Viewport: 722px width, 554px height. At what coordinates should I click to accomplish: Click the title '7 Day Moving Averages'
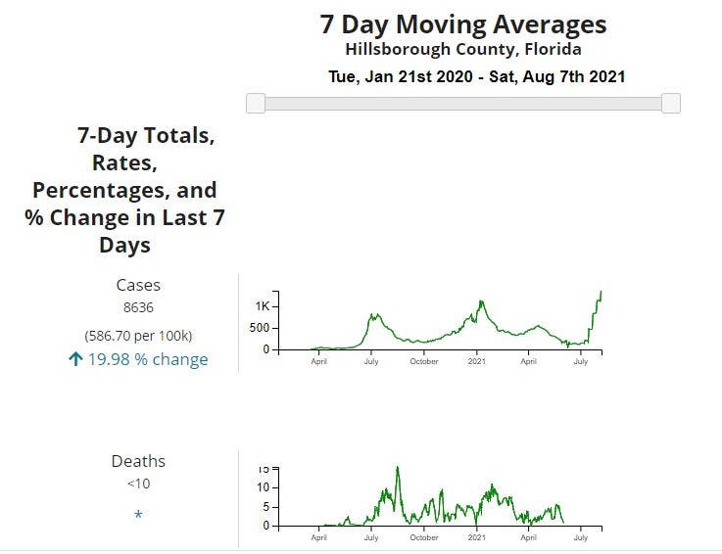click(462, 24)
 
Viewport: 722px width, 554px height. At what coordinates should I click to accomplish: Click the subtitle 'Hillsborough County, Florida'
click(462, 49)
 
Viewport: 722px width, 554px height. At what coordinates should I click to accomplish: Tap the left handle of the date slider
click(256, 103)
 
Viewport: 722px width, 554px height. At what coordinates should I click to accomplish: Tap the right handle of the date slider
click(671, 103)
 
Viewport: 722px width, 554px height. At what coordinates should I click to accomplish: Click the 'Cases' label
click(138, 285)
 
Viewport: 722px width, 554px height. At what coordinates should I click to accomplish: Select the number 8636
click(138, 307)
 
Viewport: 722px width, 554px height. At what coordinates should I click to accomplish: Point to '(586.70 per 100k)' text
click(138, 335)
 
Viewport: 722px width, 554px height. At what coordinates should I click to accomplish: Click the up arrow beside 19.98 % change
click(75, 359)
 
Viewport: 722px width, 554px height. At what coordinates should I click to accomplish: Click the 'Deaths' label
click(138, 461)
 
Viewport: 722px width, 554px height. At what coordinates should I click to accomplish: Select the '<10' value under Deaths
click(138, 484)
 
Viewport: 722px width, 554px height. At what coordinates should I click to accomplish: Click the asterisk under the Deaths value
click(138, 515)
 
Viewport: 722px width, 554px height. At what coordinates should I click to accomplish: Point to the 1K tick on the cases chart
click(262, 306)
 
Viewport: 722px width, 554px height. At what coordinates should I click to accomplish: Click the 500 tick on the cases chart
click(259, 328)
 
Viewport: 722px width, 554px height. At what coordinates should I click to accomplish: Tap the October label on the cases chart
click(424, 361)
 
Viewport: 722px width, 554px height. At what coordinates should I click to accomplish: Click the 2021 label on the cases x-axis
click(477, 361)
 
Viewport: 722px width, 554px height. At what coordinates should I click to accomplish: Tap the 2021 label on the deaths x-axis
click(477, 537)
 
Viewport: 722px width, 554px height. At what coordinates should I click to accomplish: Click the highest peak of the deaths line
click(398, 467)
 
